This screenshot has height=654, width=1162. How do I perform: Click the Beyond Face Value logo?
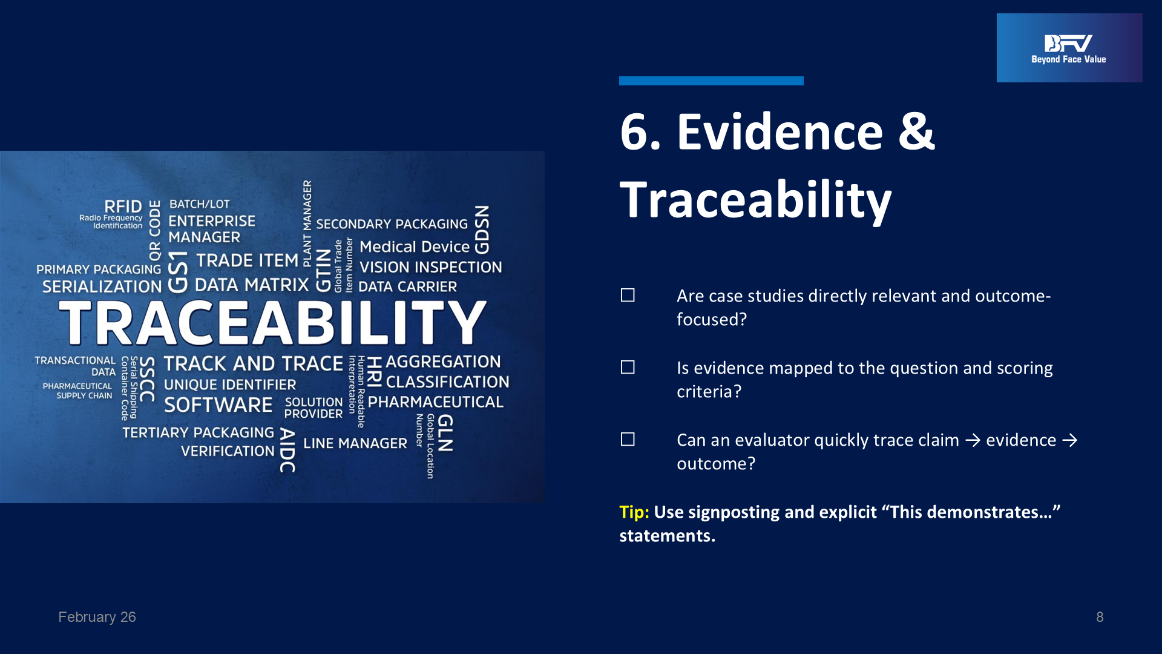1069,48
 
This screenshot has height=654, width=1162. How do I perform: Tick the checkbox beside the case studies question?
628,295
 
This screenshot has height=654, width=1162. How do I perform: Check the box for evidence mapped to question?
628,367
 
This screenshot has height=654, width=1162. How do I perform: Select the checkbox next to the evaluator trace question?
628,439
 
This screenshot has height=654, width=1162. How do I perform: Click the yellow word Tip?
634,512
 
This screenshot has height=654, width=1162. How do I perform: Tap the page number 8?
1100,617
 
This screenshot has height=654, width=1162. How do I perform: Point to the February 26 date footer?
97,617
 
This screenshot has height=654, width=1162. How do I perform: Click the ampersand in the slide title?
916,131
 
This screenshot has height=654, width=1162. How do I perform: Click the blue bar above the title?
711,81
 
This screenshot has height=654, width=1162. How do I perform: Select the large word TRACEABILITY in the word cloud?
272,322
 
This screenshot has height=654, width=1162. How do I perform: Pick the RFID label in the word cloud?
123,206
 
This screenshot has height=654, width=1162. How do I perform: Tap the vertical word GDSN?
482,230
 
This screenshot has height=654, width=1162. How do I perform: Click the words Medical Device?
415,246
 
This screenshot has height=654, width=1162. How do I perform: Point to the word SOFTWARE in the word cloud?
218,405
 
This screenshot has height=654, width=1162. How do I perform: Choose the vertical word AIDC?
287,451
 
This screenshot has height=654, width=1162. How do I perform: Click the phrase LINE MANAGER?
355,443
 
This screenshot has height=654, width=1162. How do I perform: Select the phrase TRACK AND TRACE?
254,363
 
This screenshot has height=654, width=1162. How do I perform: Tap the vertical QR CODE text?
155,231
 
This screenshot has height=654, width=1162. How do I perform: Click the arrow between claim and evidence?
973,440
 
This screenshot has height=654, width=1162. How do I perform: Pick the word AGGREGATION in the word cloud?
443,362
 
